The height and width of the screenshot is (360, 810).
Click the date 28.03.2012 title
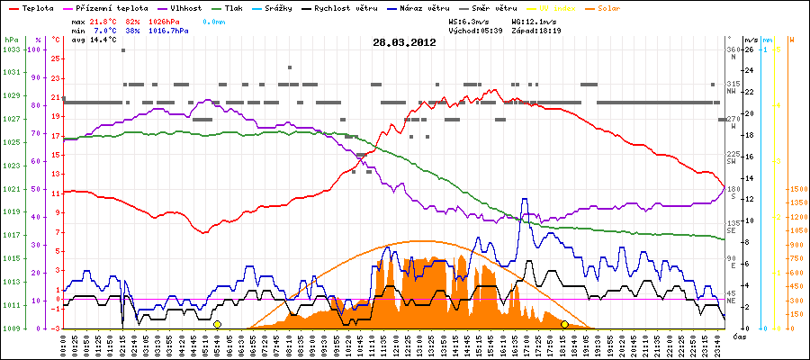point(405,41)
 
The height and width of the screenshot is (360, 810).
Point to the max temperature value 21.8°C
point(105,20)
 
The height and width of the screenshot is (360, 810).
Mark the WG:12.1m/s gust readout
point(535,20)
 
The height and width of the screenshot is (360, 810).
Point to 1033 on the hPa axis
point(11,49)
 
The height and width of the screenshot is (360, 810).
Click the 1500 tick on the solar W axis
point(797,189)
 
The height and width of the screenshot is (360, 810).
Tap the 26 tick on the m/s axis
point(751,49)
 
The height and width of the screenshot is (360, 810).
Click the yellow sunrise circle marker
point(217,324)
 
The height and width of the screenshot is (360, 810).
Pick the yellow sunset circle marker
point(564,324)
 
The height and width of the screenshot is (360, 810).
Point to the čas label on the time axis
point(738,336)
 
